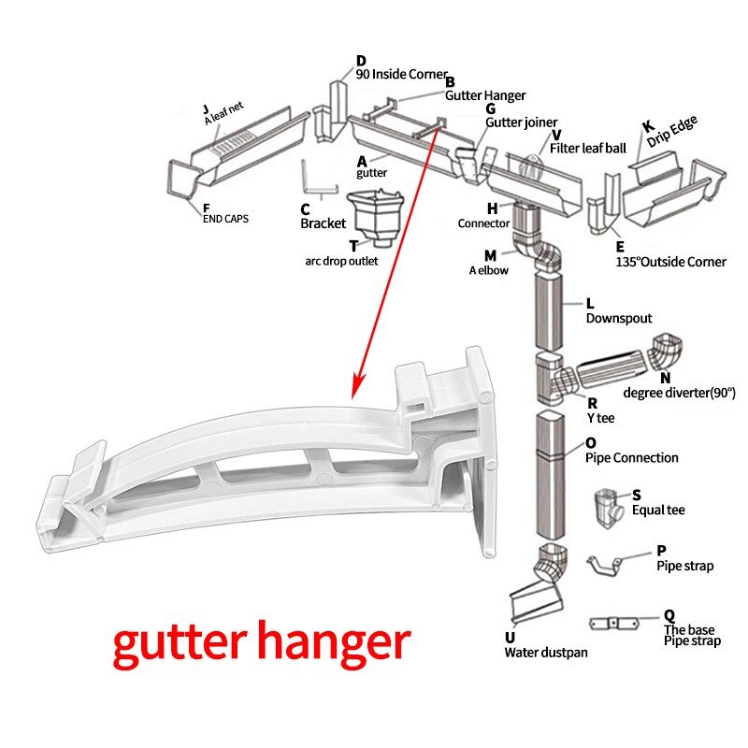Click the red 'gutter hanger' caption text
tap(262, 643)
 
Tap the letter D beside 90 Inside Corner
tap(361, 62)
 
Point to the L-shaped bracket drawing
tap(318, 180)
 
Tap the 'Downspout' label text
tap(619, 318)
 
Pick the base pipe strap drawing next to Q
tap(619, 623)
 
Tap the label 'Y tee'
tap(600, 417)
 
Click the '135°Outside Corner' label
tap(670, 262)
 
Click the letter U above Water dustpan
tap(510, 638)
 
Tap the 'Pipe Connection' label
tap(632, 458)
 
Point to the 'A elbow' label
tap(489, 270)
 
